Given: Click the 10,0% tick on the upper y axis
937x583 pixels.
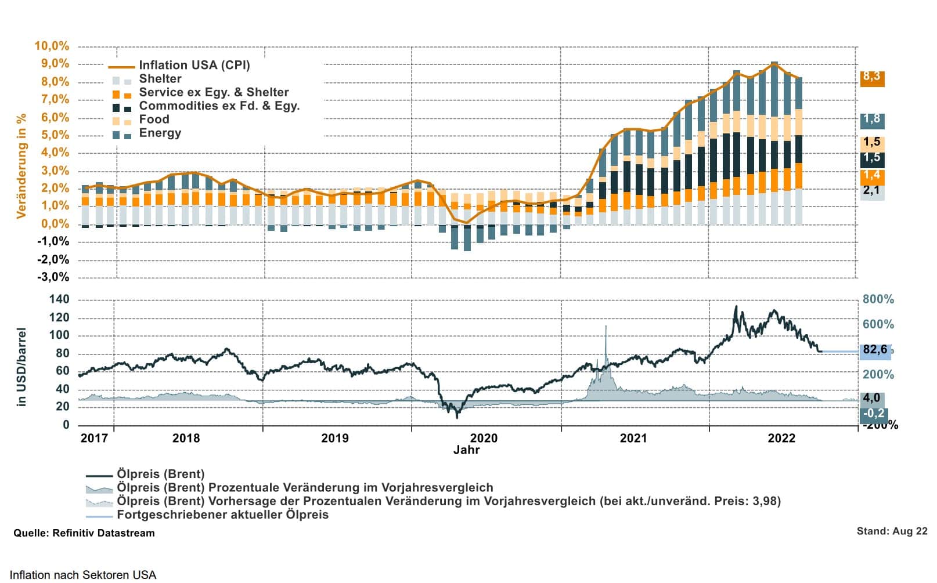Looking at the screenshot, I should (52, 46).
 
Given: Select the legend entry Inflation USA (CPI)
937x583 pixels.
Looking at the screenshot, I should (194, 66).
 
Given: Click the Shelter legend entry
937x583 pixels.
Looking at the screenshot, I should (160, 79).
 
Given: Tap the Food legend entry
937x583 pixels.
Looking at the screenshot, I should (154, 120).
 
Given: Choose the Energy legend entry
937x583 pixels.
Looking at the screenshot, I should (160, 133).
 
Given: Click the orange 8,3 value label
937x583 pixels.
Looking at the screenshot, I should (871, 77).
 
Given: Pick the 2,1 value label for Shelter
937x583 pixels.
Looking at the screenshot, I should (871, 191).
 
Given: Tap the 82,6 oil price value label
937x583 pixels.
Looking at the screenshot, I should (875, 350).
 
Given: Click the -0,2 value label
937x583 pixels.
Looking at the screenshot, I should (873, 414).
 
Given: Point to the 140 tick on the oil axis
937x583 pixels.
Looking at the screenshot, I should (59, 299).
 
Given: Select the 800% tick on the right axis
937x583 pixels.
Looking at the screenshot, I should (878, 299).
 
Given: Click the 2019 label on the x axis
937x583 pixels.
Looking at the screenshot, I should (335, 438).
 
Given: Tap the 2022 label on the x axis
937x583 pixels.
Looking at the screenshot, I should (781, 438).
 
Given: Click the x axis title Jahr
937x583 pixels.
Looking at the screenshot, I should (466, 450).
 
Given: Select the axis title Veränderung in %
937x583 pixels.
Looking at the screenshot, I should (21, 166).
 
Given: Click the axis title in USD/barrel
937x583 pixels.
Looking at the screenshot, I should (21, 367).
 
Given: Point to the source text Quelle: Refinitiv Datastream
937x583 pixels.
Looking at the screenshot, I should (84, 533).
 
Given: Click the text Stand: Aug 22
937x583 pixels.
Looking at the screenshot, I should (892, 531).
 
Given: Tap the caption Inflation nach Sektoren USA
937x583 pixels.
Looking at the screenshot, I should (83, 575).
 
